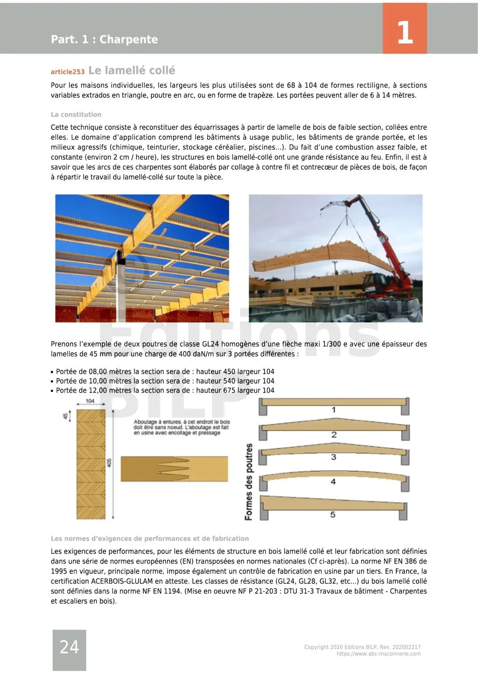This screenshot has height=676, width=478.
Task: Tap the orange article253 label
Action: [x=68, y=72]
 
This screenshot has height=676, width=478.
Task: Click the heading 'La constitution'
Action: [x=76, y=115]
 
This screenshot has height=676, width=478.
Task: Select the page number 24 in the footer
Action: [x=69, y=647]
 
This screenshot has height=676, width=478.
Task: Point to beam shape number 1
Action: [x=334, y=410]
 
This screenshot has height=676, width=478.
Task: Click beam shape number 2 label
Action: [x=334, y=435]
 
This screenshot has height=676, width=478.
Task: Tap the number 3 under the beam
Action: [x=333, y=457]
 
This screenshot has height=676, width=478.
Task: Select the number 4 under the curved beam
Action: [x=333, y=481]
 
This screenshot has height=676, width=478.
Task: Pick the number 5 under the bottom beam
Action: [x=333, y=515]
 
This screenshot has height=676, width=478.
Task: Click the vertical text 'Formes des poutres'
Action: [x=249, y=481]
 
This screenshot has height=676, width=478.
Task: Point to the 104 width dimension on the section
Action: [x=90, y=401]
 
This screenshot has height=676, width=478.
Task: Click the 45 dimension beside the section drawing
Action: [x=66, y=415]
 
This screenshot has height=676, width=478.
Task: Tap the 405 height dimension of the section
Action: [x=109, y=463]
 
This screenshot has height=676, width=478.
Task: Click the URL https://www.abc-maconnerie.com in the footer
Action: [x=379, y=654]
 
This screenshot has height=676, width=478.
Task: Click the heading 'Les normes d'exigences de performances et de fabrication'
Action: [x=150, y=538]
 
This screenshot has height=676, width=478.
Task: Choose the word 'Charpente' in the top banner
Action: [x=128, y=40]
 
